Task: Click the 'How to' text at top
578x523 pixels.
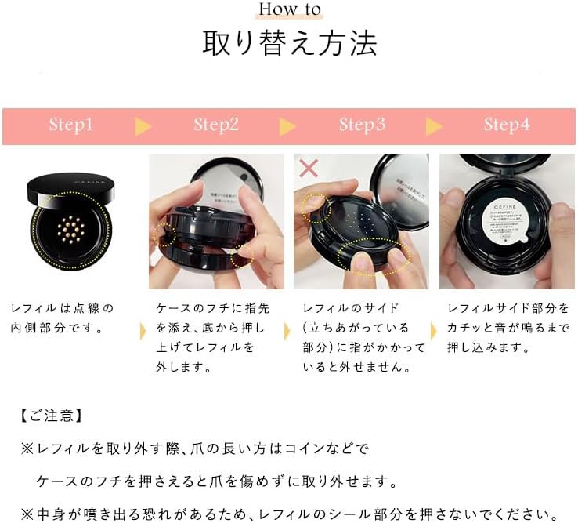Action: click(289, 10)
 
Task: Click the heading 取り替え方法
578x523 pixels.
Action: click(289, 43)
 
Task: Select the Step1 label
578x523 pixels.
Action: click(70, 125)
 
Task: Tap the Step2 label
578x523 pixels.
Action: click(216, 125)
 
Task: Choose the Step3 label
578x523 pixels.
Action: click(362, 125)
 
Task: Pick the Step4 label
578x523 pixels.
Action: click(506, 125)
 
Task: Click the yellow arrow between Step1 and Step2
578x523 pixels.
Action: click(143, 126)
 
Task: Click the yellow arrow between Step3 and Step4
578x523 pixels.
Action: click(433, 126)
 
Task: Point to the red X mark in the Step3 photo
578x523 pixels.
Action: click(309, 168)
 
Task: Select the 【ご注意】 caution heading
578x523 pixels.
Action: click(51, 415)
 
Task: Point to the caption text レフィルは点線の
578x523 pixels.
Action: click(63, 308)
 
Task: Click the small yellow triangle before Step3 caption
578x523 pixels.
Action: click(288, 329)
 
